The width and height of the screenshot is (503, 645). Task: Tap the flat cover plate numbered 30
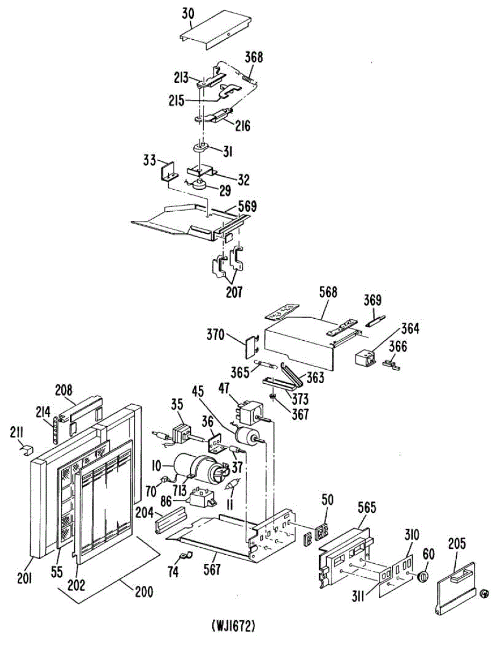tap(215, 34)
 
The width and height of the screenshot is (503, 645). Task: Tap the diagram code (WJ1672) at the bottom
tap(233, 626)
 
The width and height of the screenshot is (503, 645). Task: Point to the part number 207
tap(234, 292)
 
